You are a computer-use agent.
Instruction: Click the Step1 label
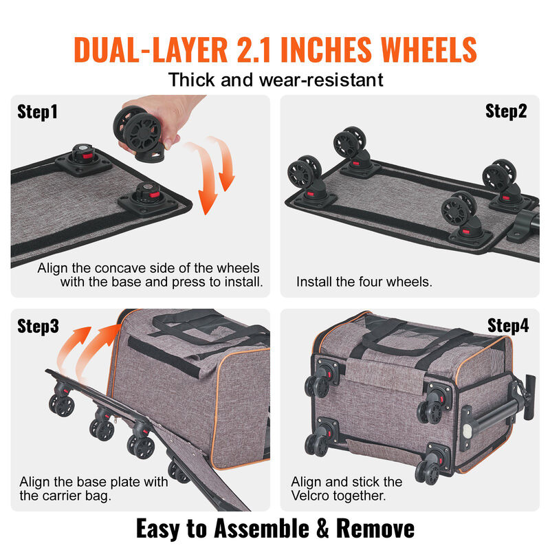click(38, 112)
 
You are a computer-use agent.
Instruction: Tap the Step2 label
click(506, 111)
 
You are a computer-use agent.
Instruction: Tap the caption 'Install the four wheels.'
click(364, 282)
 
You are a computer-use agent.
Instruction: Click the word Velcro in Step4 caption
click(311, 496)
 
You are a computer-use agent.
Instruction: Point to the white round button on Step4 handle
click(467, 430)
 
